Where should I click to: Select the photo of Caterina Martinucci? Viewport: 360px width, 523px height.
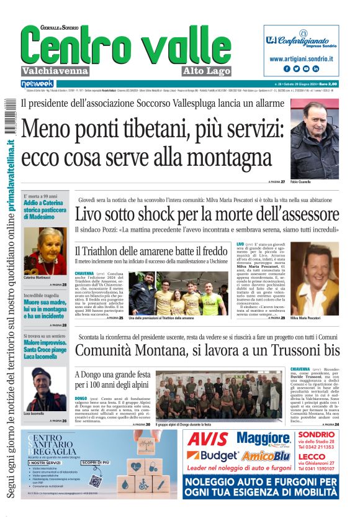pos(44,251)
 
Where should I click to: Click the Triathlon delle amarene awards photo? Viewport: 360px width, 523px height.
pos(176,293)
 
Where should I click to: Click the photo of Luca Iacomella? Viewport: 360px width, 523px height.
pos(45,389)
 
